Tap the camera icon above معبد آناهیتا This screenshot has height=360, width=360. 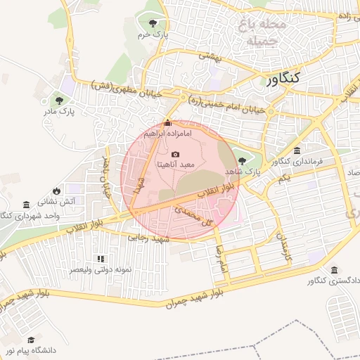[175, 155]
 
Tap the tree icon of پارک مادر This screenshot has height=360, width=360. [59, 101]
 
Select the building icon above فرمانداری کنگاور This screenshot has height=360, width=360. [297, 151]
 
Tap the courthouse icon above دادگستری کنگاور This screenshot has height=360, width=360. [333, 271]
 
